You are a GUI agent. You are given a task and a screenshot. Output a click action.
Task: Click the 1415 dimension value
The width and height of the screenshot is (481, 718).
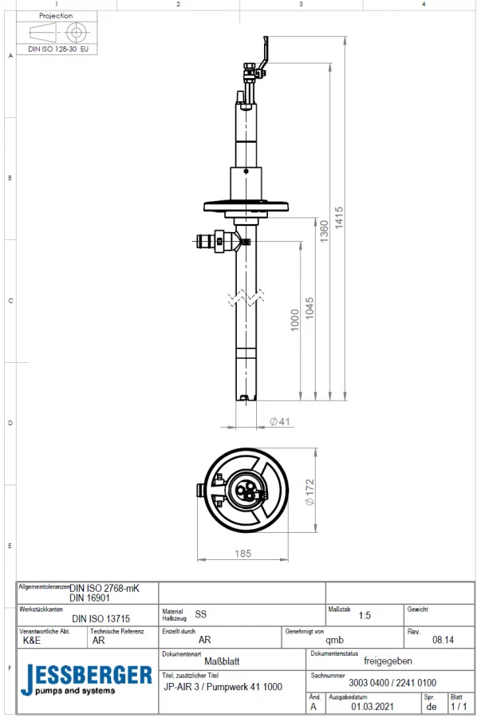pos(339,218)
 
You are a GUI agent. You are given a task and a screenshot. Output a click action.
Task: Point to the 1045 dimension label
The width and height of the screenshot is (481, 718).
pos(309,309)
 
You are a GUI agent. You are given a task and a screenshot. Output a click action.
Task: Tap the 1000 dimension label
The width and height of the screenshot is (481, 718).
pos(294,319)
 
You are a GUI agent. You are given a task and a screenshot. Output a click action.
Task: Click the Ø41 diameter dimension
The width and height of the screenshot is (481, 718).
pos(278,421)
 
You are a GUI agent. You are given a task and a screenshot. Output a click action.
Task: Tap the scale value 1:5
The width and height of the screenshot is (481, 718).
pos(365,616)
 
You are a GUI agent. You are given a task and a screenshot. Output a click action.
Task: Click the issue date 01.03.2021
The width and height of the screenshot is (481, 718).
pos(374,706)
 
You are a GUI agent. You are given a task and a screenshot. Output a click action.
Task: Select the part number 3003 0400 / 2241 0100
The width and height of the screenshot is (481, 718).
pos(392,683)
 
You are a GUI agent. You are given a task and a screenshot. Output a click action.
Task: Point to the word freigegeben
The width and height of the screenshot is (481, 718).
pos(388,661)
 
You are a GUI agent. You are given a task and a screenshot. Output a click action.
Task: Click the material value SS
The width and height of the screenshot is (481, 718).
pos(201,615)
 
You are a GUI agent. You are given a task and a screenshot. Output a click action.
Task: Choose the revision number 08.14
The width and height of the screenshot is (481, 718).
pos(443,639)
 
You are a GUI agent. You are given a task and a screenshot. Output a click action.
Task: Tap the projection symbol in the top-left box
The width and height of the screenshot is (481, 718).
pos(57,33)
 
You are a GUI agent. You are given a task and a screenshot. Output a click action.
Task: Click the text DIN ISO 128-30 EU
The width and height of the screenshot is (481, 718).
pos(57,49)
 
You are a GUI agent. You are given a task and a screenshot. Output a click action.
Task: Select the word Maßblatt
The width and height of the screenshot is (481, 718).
pos(222,661)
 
